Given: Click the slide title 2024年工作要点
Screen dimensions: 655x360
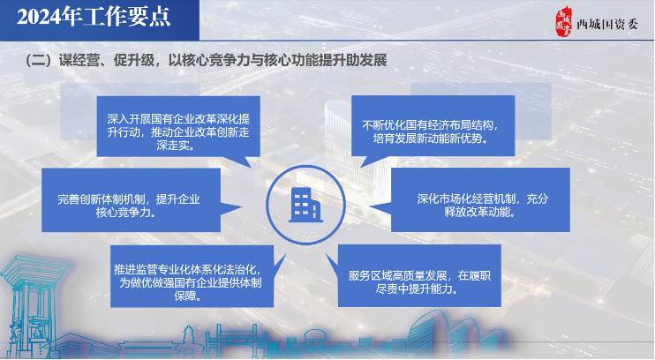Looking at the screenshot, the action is tap(94, 18).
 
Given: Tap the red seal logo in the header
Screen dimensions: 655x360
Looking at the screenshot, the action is tap(563, 22).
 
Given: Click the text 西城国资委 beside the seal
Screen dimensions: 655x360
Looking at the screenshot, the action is tap(607, 25).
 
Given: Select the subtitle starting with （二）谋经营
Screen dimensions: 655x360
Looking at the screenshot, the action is tap(206, 61).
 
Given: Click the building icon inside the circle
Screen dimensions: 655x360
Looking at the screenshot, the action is tap(305, 205).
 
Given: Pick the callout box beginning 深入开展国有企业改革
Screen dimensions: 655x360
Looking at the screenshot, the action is tap(178, 126).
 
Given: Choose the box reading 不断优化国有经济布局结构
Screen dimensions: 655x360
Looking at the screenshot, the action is tap(433, 125).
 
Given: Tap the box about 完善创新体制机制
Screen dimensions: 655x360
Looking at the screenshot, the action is tap(132, 200).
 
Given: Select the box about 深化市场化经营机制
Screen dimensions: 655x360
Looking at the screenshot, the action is tap(480, 199).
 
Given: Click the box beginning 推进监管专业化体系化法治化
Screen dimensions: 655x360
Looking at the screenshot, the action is tap(192, 276).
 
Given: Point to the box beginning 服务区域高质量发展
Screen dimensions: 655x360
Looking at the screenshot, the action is tap(419, 275).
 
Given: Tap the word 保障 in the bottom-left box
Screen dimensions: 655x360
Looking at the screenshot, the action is tap(187, 296).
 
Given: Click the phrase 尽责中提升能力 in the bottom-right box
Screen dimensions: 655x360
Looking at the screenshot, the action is tap(417, 289).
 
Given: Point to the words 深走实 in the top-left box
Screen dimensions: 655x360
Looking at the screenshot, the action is tap(175, 146).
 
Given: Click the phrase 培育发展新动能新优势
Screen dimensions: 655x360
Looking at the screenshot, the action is tap(430, 139).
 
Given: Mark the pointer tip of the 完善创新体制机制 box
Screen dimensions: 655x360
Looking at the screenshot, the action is tap(242, 206).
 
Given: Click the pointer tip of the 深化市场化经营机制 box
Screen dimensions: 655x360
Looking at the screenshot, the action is tap(370, 206).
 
